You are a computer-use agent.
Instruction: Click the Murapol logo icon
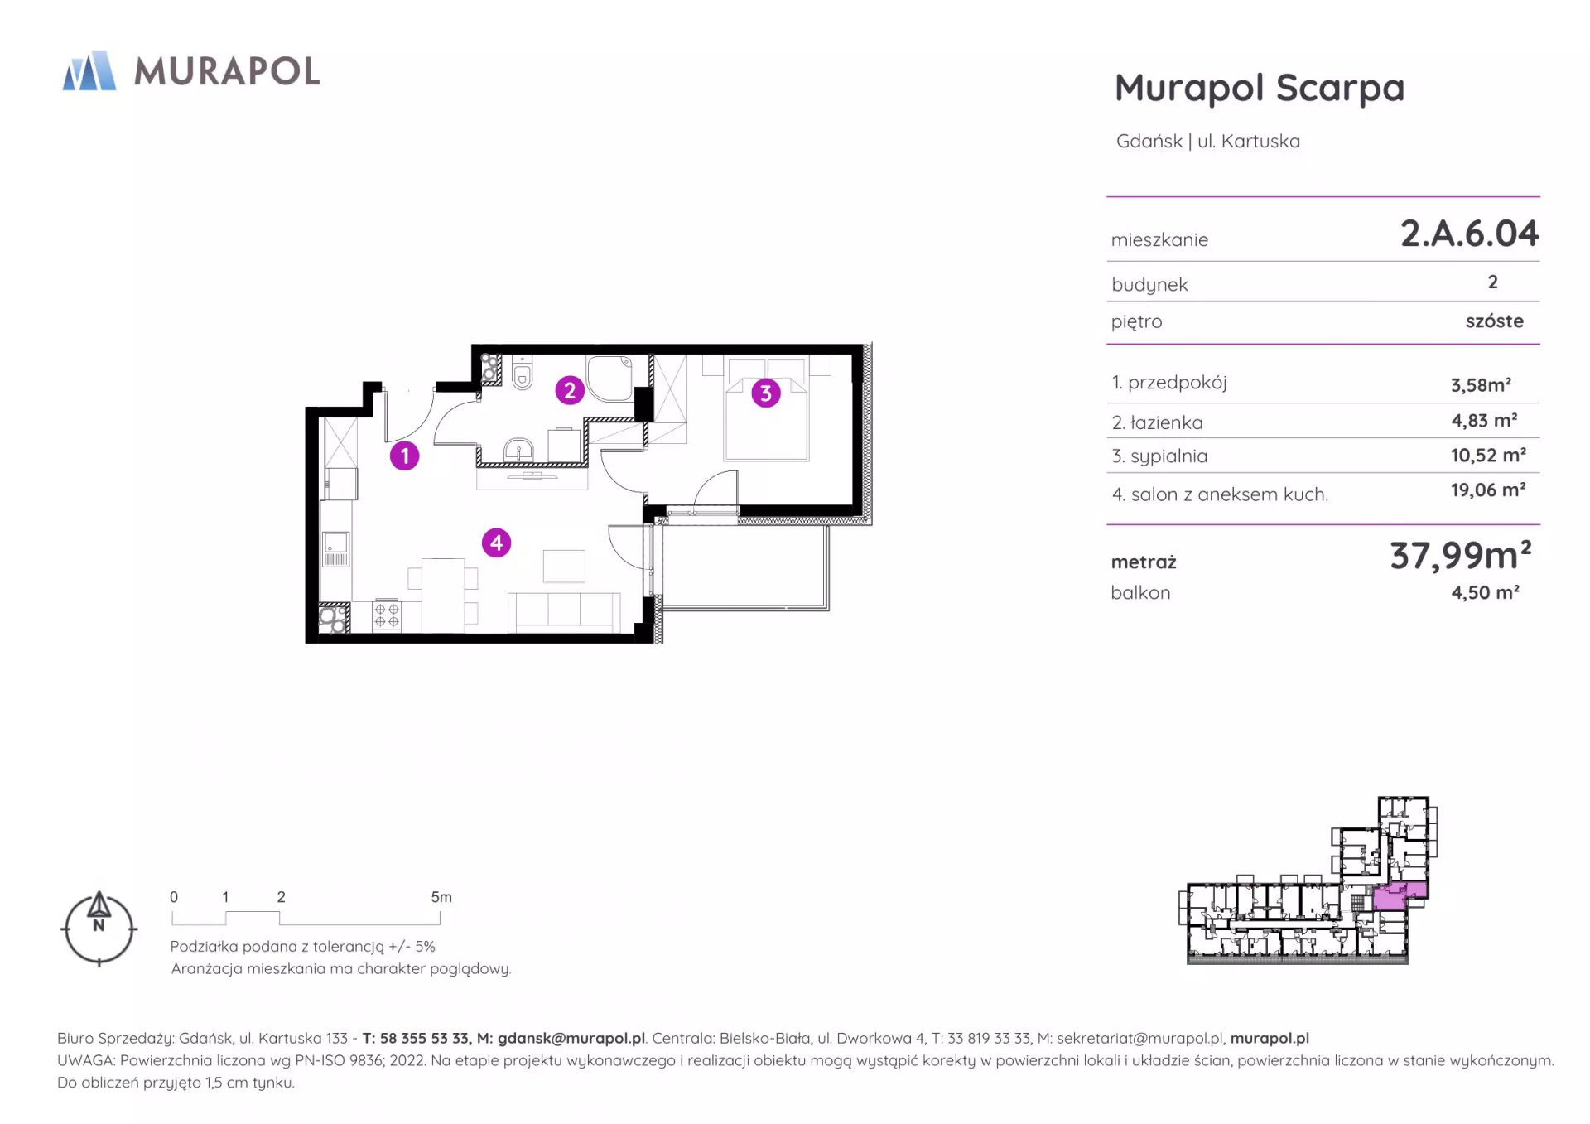tap(89, 70)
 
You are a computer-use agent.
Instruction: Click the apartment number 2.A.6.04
tap(1469, 234)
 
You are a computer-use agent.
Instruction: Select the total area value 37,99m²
tap(1461, 555)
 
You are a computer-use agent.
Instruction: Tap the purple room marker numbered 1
tap(405, 456)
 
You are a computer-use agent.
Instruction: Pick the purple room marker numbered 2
tap(570, 390)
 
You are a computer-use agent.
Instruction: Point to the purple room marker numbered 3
tap(766, 393)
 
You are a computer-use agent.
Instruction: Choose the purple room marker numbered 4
tap(497, 543)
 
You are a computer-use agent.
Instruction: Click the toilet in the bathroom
tap(523, 374)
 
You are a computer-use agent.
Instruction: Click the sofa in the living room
tap(564, 612)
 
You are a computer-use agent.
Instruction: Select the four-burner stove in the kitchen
tap(387, 615)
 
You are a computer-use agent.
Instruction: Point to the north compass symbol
tap(99, 929)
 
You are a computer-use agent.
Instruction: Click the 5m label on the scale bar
tap(441, 897)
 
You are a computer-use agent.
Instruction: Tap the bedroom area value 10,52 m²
tap(1488, 456)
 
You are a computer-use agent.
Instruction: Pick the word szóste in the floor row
tap(1494, 321)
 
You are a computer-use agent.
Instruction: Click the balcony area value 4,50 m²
tap(1485, 593)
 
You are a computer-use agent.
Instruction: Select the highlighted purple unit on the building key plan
tap(1399, 896)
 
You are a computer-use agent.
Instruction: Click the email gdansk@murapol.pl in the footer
tap(571, 1039)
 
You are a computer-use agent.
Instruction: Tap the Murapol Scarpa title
tap(1260, 89)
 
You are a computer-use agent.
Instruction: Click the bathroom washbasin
tap(519, 450)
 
